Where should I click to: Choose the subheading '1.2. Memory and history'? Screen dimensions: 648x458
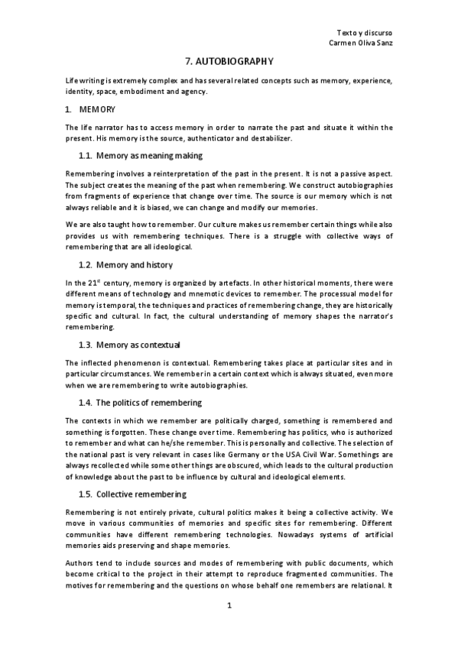pos(126,264)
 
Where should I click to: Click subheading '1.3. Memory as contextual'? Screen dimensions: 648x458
pos(130,344)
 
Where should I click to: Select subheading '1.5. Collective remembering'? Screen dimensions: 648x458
pos(135,493)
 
